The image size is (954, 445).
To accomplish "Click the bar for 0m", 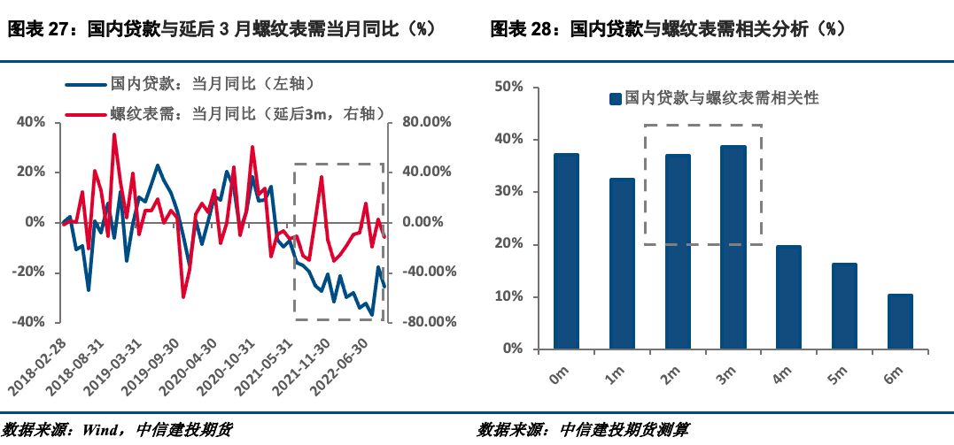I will tap(566, 251).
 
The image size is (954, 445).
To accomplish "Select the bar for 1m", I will tap(622, 264).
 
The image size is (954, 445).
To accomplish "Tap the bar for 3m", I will tap(733, 247).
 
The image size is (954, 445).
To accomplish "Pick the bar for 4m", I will tap(788, 296).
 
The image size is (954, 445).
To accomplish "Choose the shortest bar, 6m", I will tap(899, 321).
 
